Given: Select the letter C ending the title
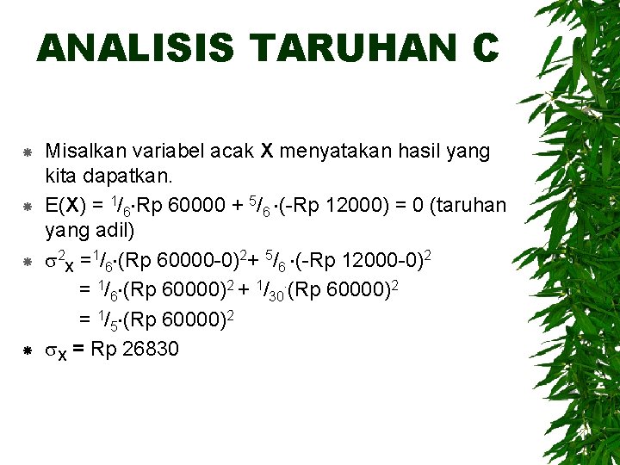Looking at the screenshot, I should tap(485, 48).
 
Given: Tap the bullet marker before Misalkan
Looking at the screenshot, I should tap(28, 152).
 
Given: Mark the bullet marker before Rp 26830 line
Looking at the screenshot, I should tap(28, 350).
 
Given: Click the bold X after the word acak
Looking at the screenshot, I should tap(267, 152).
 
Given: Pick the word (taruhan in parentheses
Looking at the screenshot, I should tap(468, 206).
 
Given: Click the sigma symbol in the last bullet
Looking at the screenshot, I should tap(50, 350).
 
